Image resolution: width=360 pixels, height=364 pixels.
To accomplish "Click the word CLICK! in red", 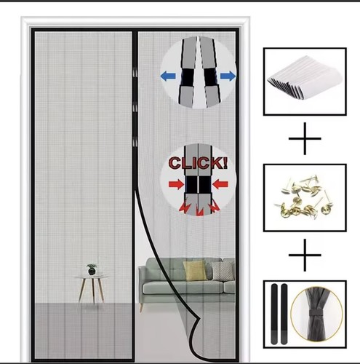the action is point(198,163).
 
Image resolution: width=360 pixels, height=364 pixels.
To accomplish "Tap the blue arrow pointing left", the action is point(168,76).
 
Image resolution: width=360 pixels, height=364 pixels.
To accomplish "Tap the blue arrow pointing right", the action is point(228,76).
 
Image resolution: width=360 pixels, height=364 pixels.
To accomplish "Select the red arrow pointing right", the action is point(176,184).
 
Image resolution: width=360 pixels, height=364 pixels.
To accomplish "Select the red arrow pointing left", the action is point(220,184).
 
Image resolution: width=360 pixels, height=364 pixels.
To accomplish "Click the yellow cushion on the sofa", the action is point(195,271).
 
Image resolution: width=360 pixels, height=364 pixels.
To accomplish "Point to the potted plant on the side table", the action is point(92,269).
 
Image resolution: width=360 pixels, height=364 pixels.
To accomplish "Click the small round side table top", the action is point(92,277).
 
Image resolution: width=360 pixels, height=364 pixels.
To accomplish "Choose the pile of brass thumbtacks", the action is point(304,197).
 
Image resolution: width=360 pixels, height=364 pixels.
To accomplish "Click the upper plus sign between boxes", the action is point(305,138).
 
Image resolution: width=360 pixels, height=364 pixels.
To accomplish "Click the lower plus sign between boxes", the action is point(305,255).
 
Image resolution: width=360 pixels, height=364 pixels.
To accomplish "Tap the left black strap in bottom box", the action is point(274,314).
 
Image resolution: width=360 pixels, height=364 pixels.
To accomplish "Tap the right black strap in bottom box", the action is point(284,314).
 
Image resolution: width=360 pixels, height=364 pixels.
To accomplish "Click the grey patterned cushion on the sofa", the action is point(223,272).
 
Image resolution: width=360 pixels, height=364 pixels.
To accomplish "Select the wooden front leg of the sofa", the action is point(141,308).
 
